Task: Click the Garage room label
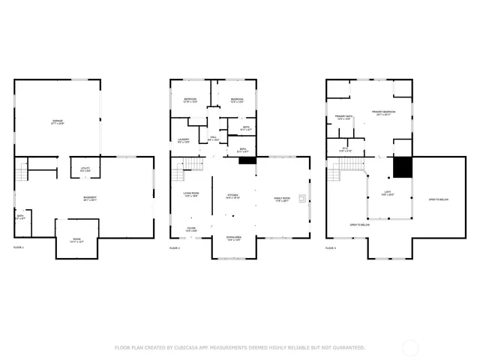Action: (x=58, y=121)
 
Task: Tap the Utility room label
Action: (x=85, y=169)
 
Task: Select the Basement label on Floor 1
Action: (x=89, y=199)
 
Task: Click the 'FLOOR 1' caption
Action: (x=19, y=247)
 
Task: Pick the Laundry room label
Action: (x=184, y=140)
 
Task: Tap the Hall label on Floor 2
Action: (x=212, y=139)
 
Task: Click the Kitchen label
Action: (x=233, y=196)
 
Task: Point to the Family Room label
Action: (x=282, y=199)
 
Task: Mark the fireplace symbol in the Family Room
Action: (x=301, y=199)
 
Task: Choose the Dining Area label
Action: (x=234, y=238)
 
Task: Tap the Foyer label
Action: (x=191, y=229)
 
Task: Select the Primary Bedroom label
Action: (x=383, y=113)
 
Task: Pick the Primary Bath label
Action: (x=344, y=117)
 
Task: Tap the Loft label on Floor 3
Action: (x=388, y=193)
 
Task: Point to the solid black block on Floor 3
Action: (x=403, y=167)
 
